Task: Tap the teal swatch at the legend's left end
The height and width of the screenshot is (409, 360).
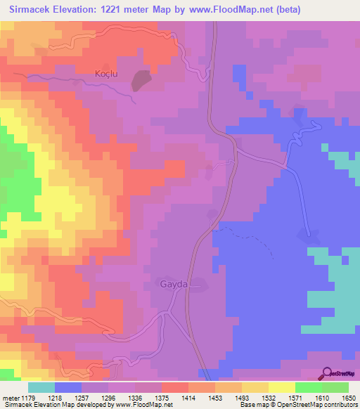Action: click(x=41, y=387)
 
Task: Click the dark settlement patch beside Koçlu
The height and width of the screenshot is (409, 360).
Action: click(x=141, y=81)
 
